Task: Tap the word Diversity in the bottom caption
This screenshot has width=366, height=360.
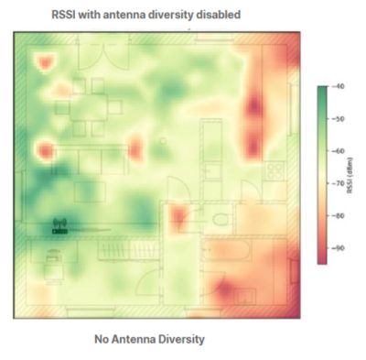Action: pyautogui.click(x=182, y=339)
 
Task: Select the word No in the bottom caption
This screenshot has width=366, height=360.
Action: pyautogui.click(x=102, y=339)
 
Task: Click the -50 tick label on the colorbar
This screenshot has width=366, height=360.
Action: pyautogui.click(x=338, y=119)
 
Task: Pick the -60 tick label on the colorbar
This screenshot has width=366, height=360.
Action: pyautogui.click(x=338, y=151)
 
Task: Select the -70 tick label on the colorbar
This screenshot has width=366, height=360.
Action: pyautogui.click(x=338, y=183)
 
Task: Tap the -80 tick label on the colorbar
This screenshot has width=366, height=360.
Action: pyautogui.click(x=338, y=215)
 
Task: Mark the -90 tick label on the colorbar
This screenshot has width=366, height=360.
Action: pyautogui.click(x=338, y=247)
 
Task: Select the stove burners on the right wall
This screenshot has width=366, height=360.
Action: pyautogui.click(x=272, y=169)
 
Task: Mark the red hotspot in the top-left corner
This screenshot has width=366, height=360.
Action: pyautogui.click(x=43, y=61)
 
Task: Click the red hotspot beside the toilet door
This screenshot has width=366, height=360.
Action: pyautogui.click(x=178, y=217)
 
